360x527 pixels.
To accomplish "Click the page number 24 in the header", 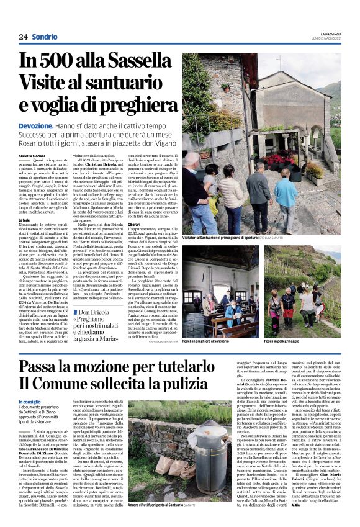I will click(23, 37).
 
